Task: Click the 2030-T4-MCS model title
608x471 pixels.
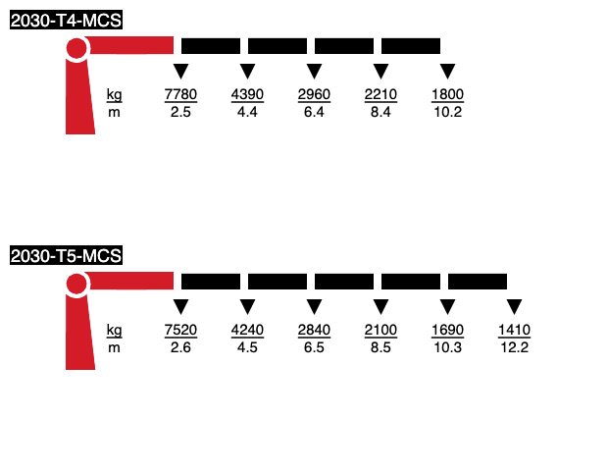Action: pos(66,21)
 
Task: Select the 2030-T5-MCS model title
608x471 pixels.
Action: pos(66,256)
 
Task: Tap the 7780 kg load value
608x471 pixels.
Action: pos(180,94)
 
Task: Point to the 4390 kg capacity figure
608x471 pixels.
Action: pos(247,94)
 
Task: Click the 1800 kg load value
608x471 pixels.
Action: pos(447,94)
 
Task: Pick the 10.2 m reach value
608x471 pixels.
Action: pos(447,112)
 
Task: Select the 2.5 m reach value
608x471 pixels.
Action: pos(180,112)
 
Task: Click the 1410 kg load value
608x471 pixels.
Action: pos(514,330)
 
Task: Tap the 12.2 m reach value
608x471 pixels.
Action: pos(514,347)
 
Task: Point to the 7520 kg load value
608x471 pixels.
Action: pos(180,330)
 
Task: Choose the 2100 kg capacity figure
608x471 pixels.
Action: pos(380,330)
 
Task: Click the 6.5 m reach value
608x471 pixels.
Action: pos(314,347)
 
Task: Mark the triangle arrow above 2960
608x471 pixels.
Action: pos(314,71)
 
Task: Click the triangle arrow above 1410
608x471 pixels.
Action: pos(514,306)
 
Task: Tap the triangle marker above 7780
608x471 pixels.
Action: pos(180,71)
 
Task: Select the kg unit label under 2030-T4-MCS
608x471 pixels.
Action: pos(114,95)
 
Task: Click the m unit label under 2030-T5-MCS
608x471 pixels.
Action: pos(114,348)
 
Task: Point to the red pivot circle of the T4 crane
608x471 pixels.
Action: pos(76,48)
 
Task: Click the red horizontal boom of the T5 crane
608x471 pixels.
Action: pos(129,281)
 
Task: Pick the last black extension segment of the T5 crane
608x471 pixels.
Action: pos(478,282)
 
